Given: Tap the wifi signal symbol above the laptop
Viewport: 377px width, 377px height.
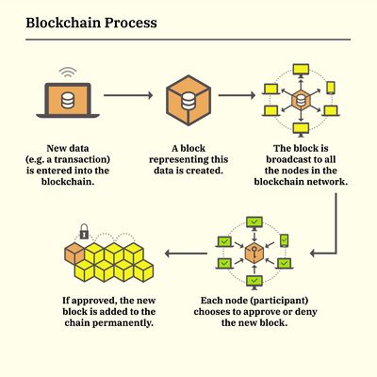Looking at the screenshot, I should point(67,72).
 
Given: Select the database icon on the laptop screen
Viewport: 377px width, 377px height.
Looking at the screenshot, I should point(67,99).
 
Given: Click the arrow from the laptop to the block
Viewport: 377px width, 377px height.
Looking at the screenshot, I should point(127,95).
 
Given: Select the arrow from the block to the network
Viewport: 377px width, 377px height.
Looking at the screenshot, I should point(243,95).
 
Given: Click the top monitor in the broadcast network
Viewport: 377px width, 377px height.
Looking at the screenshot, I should point(302,70).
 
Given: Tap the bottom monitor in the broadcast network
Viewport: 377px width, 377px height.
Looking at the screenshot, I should point(302,127).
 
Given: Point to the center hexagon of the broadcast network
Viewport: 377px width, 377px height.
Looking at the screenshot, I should point(302,99).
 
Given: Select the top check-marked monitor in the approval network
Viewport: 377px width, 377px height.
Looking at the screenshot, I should point(253,222).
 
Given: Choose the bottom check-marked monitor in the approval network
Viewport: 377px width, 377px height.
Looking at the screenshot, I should point(253,281).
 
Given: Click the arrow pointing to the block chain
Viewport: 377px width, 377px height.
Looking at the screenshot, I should point(187,252).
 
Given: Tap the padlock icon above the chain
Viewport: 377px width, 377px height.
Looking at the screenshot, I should point(84,231).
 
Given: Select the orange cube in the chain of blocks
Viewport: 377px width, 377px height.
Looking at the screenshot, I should point(74,252).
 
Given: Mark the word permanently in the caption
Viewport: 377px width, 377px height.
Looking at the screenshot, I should point(123,321).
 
